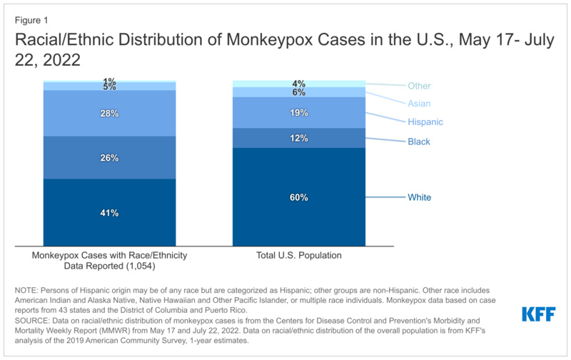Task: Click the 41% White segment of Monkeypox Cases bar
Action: [x=109, y=212]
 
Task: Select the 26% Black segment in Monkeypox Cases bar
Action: [x=109, y=157]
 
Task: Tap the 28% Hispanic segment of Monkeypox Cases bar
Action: [x=109, y=113]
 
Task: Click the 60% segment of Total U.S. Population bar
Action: [x=299, y=196]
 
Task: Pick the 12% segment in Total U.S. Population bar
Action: [x=299, y=138]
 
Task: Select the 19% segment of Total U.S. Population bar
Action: [x=299, y=112]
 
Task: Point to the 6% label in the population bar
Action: [x=299, y=92]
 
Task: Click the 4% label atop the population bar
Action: [x=299, y=83]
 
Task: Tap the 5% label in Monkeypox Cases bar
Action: [x=109, y=86]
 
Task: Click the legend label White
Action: [x=419, y=197]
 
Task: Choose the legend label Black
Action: [x=419, y=141]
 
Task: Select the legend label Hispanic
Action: [x=425, y=122]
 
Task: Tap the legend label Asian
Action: [x=419, y=104]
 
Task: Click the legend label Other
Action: [x=419, y=86]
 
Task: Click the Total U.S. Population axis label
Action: [x=299, y=254]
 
